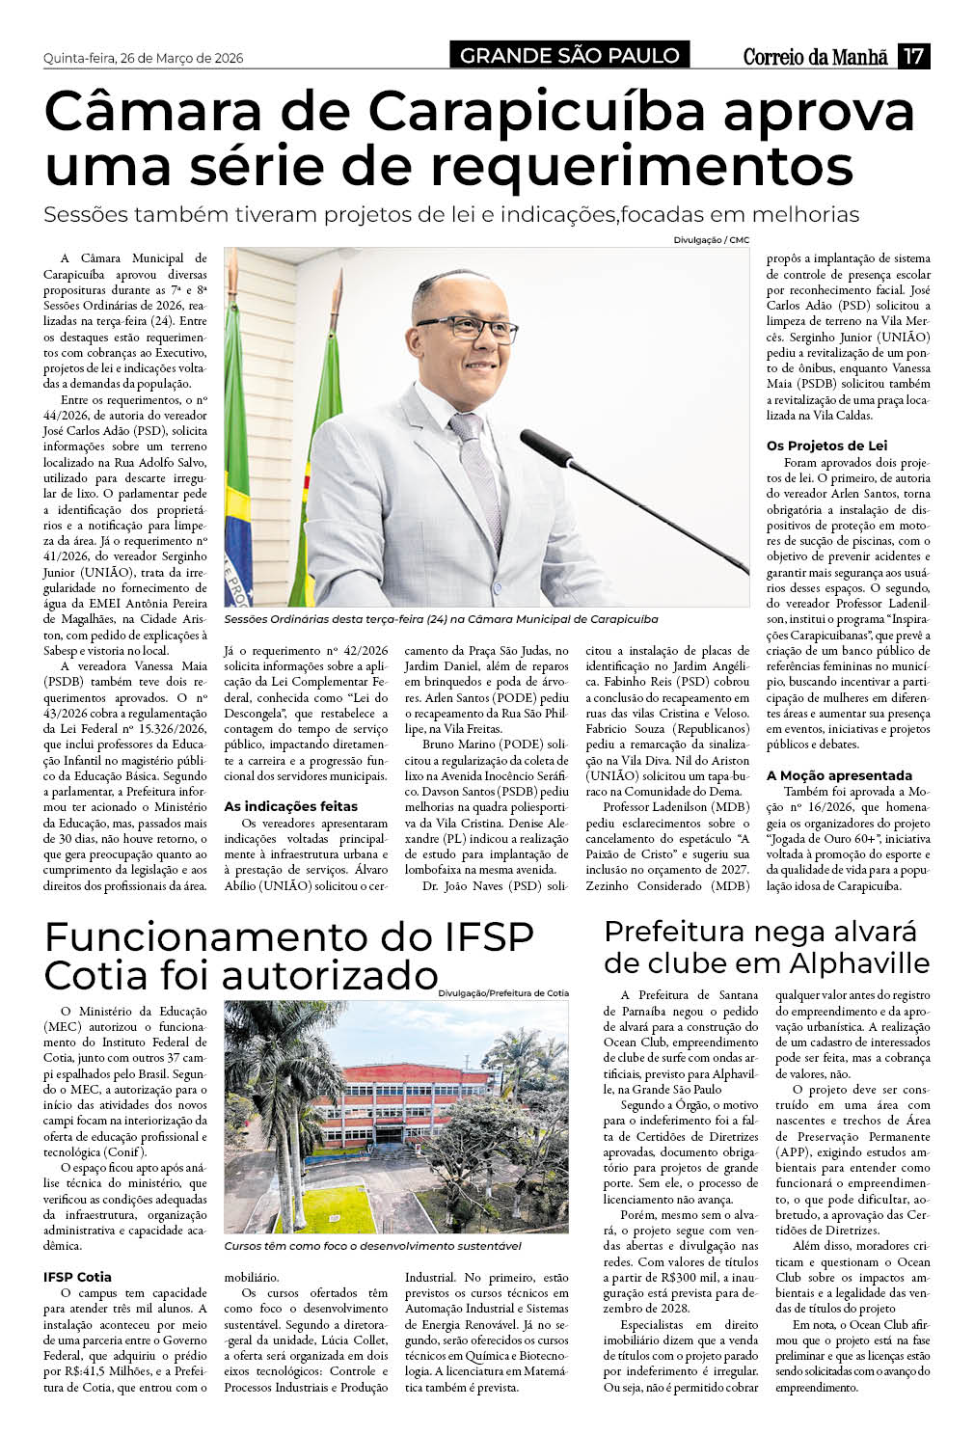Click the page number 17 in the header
pyautogui.click(x=913, y=56)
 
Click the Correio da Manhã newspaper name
pyautogui.click(x=815, y=57)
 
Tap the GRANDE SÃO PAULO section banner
pyautogui.click(x=570, y=56)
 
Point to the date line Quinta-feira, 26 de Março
pyautogui.click(x=143, y=58)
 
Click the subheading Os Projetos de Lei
pyautogui.click(x=826, y=446)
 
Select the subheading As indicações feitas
pyautogui.click(x=290, y=806)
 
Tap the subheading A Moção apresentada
pyautogui.click(x=839, y=775)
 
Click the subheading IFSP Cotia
pyautogui.click(x=77, y=1277)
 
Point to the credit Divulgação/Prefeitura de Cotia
pyautogui.click(x=502, y=992)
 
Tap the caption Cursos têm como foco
pyautogui.click(x=372, y=1246)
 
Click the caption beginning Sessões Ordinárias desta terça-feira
pyautogui.click(x=441, y=618)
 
